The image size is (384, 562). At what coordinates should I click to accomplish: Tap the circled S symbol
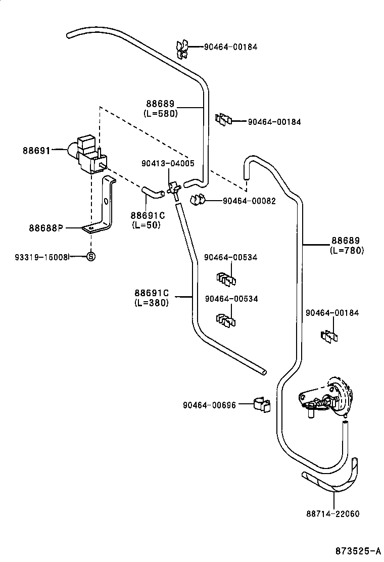pos(91,256)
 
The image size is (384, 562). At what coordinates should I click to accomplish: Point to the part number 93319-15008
pos(41,257)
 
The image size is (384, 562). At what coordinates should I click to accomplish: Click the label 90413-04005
pos(168,163)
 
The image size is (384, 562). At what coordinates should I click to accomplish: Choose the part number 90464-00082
pos(249,201)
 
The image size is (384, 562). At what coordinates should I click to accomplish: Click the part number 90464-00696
pos(209,405)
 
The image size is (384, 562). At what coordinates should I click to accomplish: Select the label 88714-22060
pos(332,513)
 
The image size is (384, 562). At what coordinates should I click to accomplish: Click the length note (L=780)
pos(347,250)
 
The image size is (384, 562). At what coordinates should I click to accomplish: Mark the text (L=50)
pos(146,225)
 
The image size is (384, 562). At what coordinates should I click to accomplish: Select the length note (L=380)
pos(151,303)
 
